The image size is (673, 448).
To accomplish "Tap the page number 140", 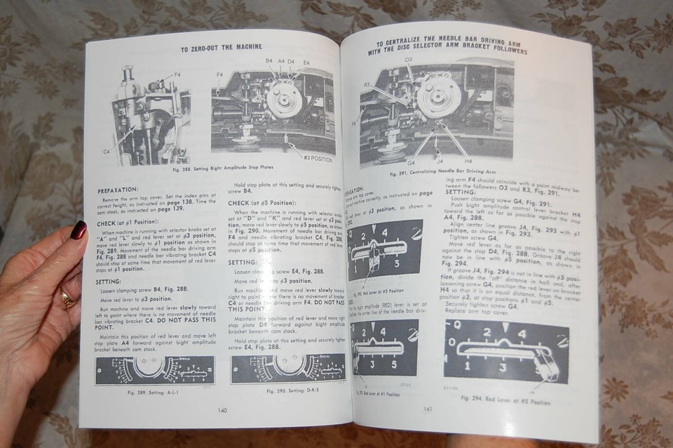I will (222, 411).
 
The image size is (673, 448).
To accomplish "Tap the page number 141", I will (427, 409).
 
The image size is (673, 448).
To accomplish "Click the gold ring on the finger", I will (67, 300).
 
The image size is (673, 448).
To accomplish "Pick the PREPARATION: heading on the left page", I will (118, 189).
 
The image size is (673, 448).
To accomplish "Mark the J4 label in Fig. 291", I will (439, 162).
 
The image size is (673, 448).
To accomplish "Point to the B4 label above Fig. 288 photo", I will (269, 61).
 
